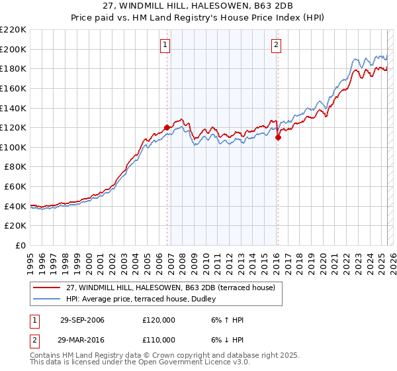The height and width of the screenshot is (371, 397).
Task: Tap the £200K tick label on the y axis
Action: tap(13, 49)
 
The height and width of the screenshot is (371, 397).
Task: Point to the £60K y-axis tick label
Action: tap(15, 187)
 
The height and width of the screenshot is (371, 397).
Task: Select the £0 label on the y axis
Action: tap(21, 246)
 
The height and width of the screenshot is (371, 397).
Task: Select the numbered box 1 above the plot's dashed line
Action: tap(164, 45)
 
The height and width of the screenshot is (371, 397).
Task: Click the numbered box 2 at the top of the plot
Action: tap(275, 45)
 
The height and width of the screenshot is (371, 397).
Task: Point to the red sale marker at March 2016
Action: tap(278, 137)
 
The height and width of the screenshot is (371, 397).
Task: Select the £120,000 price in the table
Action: tap(159, 320)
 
